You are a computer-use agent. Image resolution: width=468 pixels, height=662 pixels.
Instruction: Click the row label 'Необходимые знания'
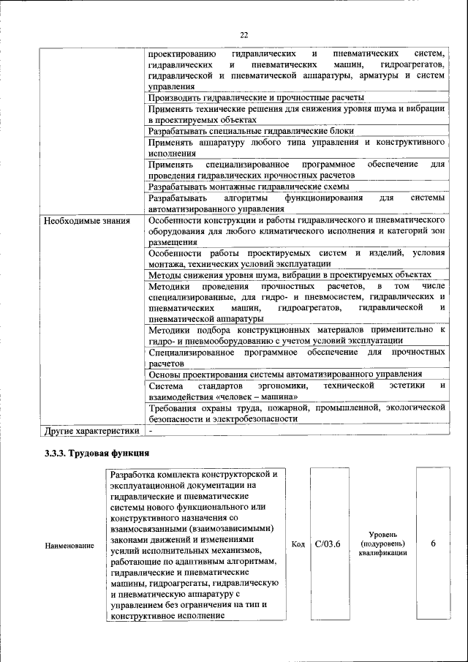coord(87,219)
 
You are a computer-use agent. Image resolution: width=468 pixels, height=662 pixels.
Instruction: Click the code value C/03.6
coord(327,543)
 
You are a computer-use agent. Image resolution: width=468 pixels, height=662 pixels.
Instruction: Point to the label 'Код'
coord(298,544)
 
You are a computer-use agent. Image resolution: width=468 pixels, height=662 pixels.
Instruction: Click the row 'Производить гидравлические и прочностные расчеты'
coord(256,97)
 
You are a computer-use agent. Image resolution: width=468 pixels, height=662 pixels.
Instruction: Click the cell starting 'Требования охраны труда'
coord(296,413)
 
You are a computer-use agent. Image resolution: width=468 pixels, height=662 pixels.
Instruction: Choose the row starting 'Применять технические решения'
coord(296,113)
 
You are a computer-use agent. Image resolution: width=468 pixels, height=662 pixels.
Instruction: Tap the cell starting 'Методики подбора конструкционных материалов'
coord(296,335)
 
